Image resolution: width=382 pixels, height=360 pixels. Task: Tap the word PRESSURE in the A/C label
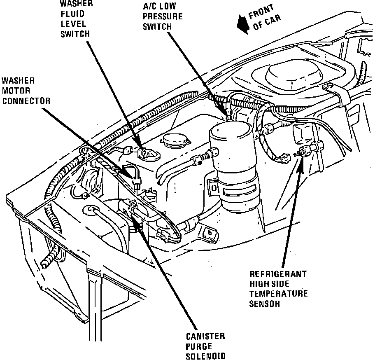(x=162, y=17)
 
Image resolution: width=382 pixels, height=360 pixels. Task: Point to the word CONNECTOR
(x=26, y=101)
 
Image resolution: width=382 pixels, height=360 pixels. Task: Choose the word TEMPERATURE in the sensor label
(x=278, y=294)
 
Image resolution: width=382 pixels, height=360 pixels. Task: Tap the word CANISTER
(x=205, y=337)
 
